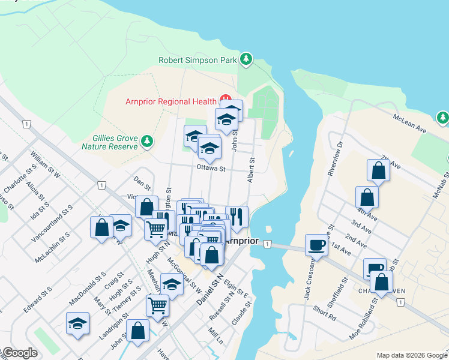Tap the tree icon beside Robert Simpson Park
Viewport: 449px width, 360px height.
[x=245, y=59]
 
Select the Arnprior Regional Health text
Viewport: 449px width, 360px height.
[x=171, y=101]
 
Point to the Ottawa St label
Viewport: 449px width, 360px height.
[x=210, y=169]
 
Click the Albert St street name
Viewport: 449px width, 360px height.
[x=252, y=171]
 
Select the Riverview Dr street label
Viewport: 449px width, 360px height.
[x=334, y=159]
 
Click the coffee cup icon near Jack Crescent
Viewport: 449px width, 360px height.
[x=316, y=244]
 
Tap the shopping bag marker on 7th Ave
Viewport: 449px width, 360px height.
[x=379, y=170]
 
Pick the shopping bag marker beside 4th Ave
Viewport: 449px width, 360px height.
[x=367, y=197]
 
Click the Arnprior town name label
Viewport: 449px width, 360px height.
[x=242, y=241]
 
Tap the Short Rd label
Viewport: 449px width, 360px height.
[x=324, y=313]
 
